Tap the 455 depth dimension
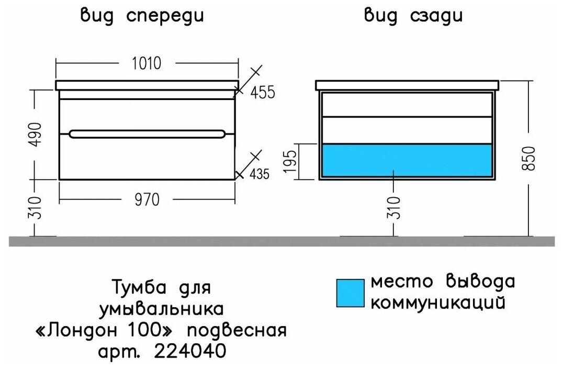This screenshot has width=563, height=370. click(x=262, y=93)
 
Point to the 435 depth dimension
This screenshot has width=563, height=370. click(x=258, y=174)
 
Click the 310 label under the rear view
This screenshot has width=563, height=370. click(x=396, y=207)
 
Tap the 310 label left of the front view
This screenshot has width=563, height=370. click(x=35, y=207)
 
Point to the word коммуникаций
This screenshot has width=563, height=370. click(x=438, y=303)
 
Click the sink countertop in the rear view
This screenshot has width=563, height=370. click(x=407, y=85)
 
